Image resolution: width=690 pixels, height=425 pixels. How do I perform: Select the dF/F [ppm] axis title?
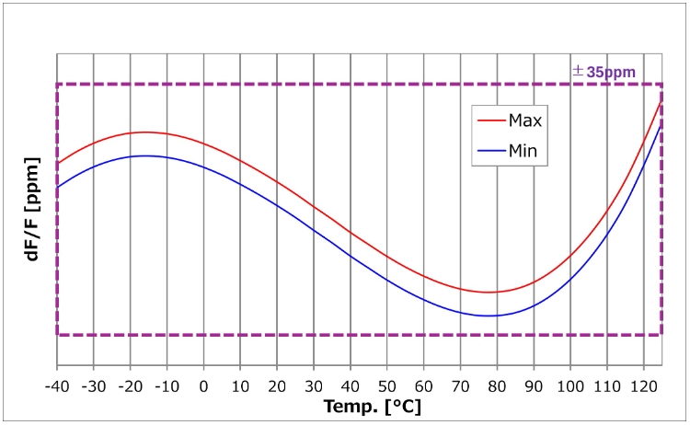click(x=33, y=212)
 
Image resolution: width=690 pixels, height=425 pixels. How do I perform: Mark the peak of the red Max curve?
click(x=144, y=132)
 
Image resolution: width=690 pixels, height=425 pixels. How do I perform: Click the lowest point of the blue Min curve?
click(x=491, y=316)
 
